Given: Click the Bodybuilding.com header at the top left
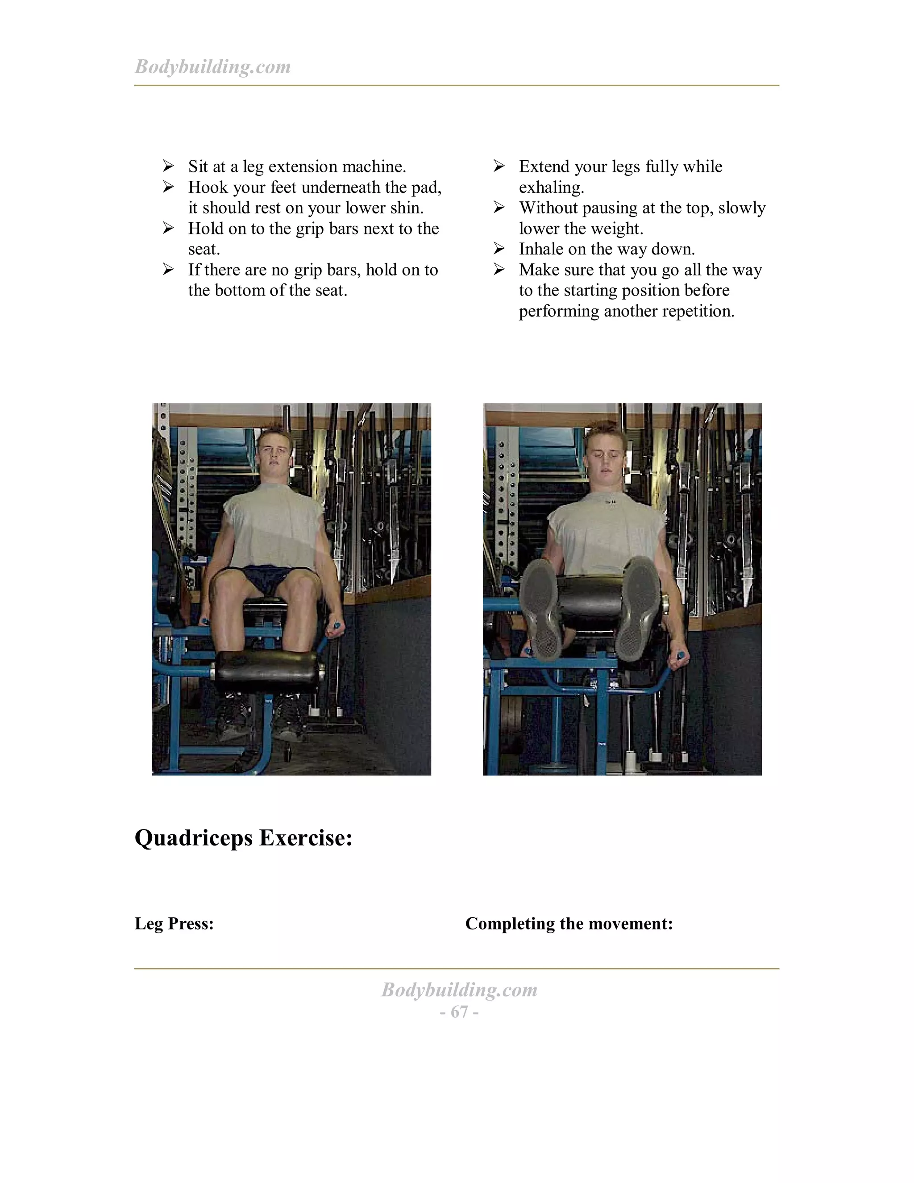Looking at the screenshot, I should (212, 67).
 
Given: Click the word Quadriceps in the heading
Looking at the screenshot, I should (193, 838).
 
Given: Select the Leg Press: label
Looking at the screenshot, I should (174, 923).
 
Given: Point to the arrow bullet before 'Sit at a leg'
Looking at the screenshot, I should (168, 166).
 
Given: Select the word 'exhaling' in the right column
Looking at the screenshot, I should (550, 187).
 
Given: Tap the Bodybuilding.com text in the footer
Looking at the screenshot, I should (459, 990).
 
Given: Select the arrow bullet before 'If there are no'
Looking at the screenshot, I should (168, 269).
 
